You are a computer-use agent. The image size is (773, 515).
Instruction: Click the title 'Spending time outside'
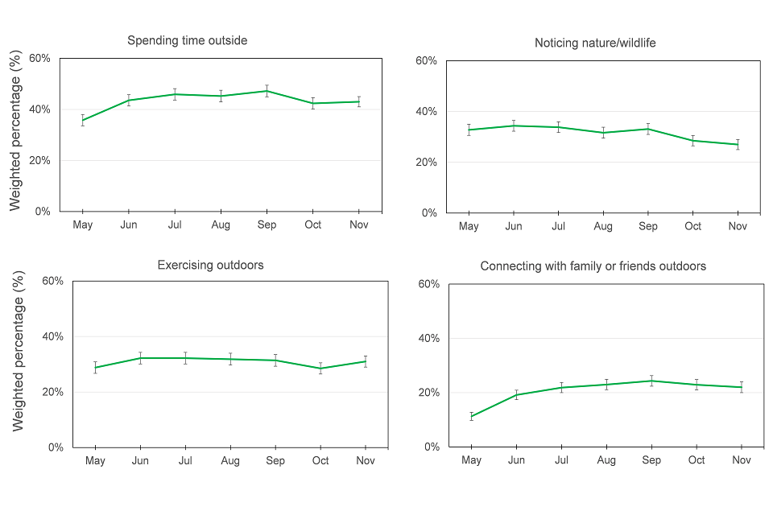(187, 40)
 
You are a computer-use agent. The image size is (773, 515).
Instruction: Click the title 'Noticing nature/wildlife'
(595, 43)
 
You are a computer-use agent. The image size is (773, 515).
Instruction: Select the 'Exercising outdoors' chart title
(210, 265)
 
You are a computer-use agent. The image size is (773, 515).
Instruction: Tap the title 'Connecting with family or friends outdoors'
(593, 266)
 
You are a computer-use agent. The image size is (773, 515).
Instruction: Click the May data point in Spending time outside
(83, 121)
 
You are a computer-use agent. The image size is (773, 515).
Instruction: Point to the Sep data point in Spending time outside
(267, 91)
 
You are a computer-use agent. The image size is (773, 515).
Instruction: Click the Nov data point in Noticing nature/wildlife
(738, 145)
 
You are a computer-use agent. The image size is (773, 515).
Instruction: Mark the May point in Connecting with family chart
(472, 417)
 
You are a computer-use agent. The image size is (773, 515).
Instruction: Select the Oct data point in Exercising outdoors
(320, 369)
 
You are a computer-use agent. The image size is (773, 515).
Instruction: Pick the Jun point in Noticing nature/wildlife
(513, 126)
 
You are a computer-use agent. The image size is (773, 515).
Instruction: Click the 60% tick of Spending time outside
(40, 59)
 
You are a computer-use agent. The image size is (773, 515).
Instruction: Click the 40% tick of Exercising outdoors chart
(52, 336)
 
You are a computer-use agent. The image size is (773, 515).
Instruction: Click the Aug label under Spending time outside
(221, 225)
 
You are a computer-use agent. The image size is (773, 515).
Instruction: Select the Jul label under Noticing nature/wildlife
(558, 227)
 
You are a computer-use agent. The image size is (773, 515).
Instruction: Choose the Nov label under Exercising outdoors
(366, 461)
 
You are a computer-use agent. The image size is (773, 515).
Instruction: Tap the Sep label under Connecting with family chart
(651, 460)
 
